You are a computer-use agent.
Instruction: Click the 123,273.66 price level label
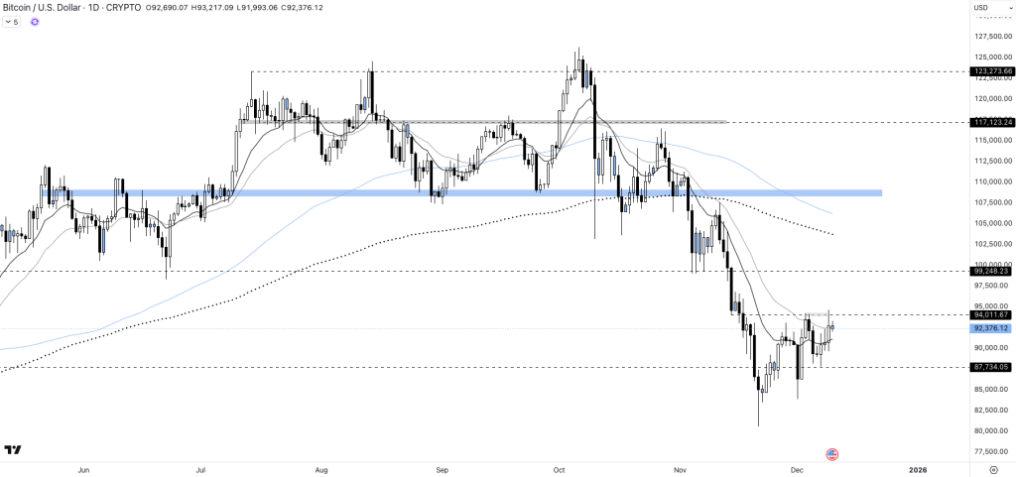point(992,71)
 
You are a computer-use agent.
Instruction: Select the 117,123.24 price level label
point(992,122)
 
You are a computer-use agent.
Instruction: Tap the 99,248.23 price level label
point(992,271)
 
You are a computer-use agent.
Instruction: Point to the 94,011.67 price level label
point(992,314)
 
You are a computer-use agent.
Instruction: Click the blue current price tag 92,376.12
point(992,328)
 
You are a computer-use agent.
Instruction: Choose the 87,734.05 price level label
point(992,367)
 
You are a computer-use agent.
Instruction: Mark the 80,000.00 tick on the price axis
point(992,430)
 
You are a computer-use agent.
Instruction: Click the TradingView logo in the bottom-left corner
point(13,451)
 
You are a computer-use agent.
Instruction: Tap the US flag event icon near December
point(831,454)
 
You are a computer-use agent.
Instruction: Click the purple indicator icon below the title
point(35,22)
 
